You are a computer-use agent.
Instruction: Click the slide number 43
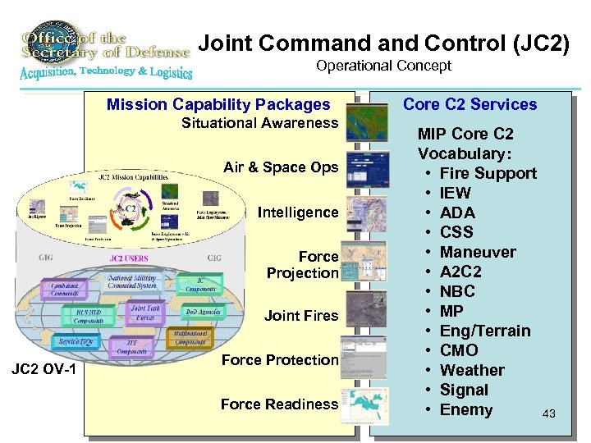coord(549,414)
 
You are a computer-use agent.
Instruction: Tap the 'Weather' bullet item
coord(472,370)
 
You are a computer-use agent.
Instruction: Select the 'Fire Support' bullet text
coord(488,173)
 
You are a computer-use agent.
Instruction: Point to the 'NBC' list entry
coord(457,291)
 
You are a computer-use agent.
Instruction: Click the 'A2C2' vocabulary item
coord(460,272)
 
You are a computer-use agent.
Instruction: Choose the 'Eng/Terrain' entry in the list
coord(485,331)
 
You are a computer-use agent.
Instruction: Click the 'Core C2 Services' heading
coord(470,104)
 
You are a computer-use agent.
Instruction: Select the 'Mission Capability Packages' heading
coord(218,104)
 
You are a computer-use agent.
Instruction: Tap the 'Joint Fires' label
coord(301,315)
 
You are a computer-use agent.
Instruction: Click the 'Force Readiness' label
coord(279,404)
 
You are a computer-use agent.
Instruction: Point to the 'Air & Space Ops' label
coord(281,167)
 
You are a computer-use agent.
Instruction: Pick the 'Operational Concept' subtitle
coord(383,66)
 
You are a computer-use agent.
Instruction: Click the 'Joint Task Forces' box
coord(145,313)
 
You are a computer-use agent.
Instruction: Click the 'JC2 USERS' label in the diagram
coord(131,258)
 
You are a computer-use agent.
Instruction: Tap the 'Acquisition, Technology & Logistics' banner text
coord(106,72)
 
